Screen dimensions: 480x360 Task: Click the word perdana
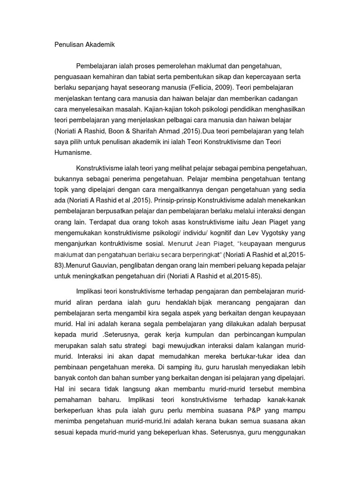100,300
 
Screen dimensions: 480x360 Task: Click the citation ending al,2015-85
233,276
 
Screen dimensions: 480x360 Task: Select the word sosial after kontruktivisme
150,244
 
